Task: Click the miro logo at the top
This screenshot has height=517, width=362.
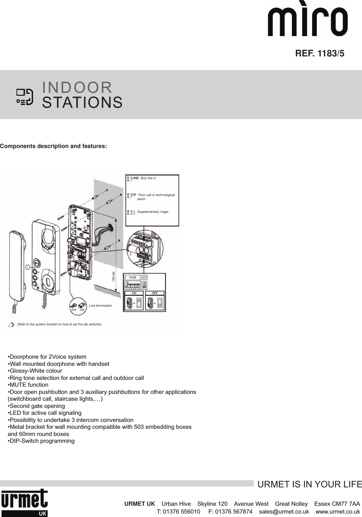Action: (308, 22)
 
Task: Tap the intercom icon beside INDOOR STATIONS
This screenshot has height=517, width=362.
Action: (25, 97)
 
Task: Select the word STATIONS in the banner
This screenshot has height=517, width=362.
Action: (82, 103)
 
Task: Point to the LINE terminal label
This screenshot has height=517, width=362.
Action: (135, 178)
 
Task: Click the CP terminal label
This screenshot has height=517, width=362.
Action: (134, 195)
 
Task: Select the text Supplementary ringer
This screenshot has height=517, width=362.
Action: (153, 212)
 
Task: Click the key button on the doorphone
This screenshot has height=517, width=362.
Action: (37, 263)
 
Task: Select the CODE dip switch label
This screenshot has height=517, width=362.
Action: (132, 277)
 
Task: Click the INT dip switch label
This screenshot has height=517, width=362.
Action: (145, 277)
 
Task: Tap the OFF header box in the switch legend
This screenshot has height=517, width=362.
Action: (155, 293)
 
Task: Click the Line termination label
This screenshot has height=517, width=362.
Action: (100, 306)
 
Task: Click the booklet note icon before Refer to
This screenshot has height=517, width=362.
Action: (11, 325)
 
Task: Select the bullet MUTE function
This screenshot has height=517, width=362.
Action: (28, 385)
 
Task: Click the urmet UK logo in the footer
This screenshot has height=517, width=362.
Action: (24, 502)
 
